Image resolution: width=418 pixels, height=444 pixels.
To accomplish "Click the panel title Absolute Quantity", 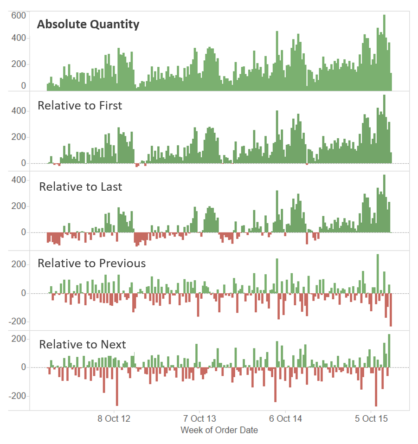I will tap(88, 25).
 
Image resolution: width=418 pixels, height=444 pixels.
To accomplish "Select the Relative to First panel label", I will tap(80, 105).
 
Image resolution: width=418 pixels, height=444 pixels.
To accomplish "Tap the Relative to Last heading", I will tap(80, 187).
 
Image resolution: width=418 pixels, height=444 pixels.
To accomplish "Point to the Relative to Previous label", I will tap(91, 264).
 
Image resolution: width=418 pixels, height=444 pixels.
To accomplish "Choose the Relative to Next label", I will tap(82, 344).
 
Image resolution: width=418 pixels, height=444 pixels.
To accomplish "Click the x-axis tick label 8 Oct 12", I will tap(114, 418).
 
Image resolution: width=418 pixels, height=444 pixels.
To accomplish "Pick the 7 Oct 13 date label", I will tap(199, 418).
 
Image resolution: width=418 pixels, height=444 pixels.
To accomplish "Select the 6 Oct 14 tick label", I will tap(285, 418).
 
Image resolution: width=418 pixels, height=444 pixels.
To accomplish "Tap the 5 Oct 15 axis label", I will tap(371, 418).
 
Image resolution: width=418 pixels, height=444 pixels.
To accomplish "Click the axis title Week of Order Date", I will tap(219, 430).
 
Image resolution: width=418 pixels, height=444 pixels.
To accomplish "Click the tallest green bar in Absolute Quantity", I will tap(384, 51).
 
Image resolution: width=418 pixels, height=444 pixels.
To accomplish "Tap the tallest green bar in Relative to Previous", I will tap(378, 274).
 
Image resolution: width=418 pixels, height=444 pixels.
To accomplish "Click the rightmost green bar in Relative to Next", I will tap(389, 351).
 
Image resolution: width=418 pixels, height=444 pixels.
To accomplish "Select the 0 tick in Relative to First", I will tap(23, 163).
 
